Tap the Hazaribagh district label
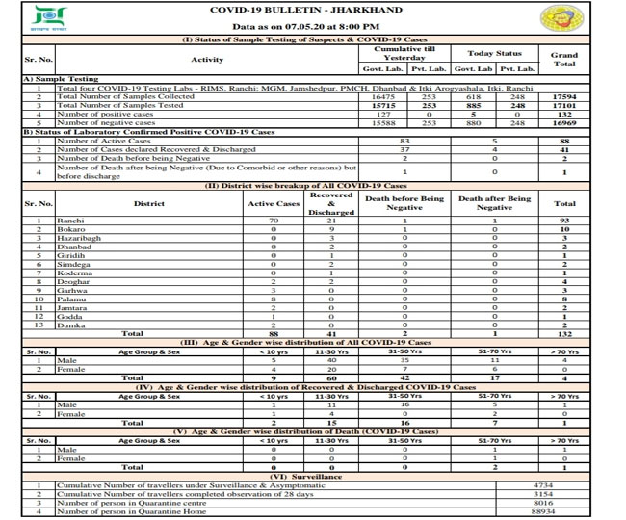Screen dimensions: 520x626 (76, 239)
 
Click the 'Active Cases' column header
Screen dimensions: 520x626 (274, 203)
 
